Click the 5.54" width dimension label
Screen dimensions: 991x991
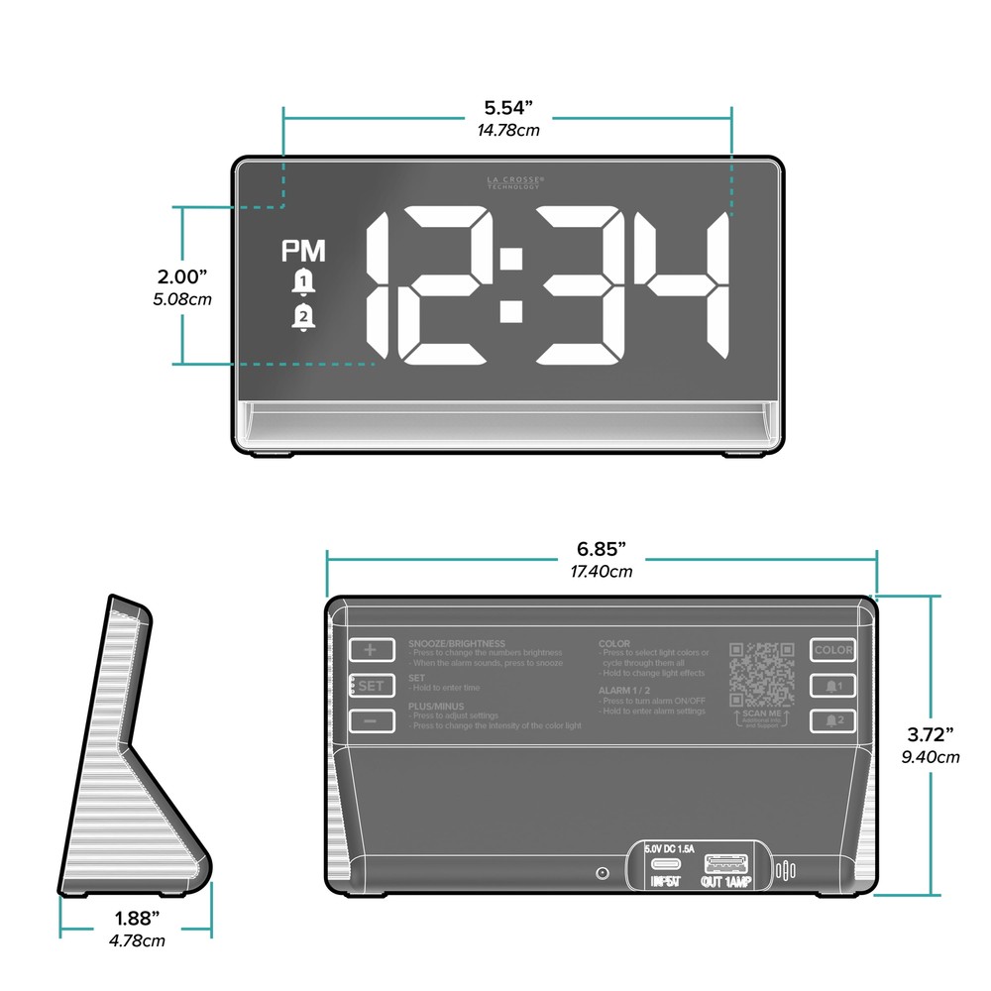508,106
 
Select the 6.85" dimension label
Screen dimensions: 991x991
602,549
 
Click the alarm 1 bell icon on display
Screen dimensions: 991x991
302,283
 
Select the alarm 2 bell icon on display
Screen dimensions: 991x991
302,318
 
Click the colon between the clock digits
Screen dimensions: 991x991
511,286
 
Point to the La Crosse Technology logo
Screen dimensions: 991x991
515,183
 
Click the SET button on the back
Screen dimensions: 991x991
371,686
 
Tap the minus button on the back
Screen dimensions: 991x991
371,720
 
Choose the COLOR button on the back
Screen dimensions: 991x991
832,650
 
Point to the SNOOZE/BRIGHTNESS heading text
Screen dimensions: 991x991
456,644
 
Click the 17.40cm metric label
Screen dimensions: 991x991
602,572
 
